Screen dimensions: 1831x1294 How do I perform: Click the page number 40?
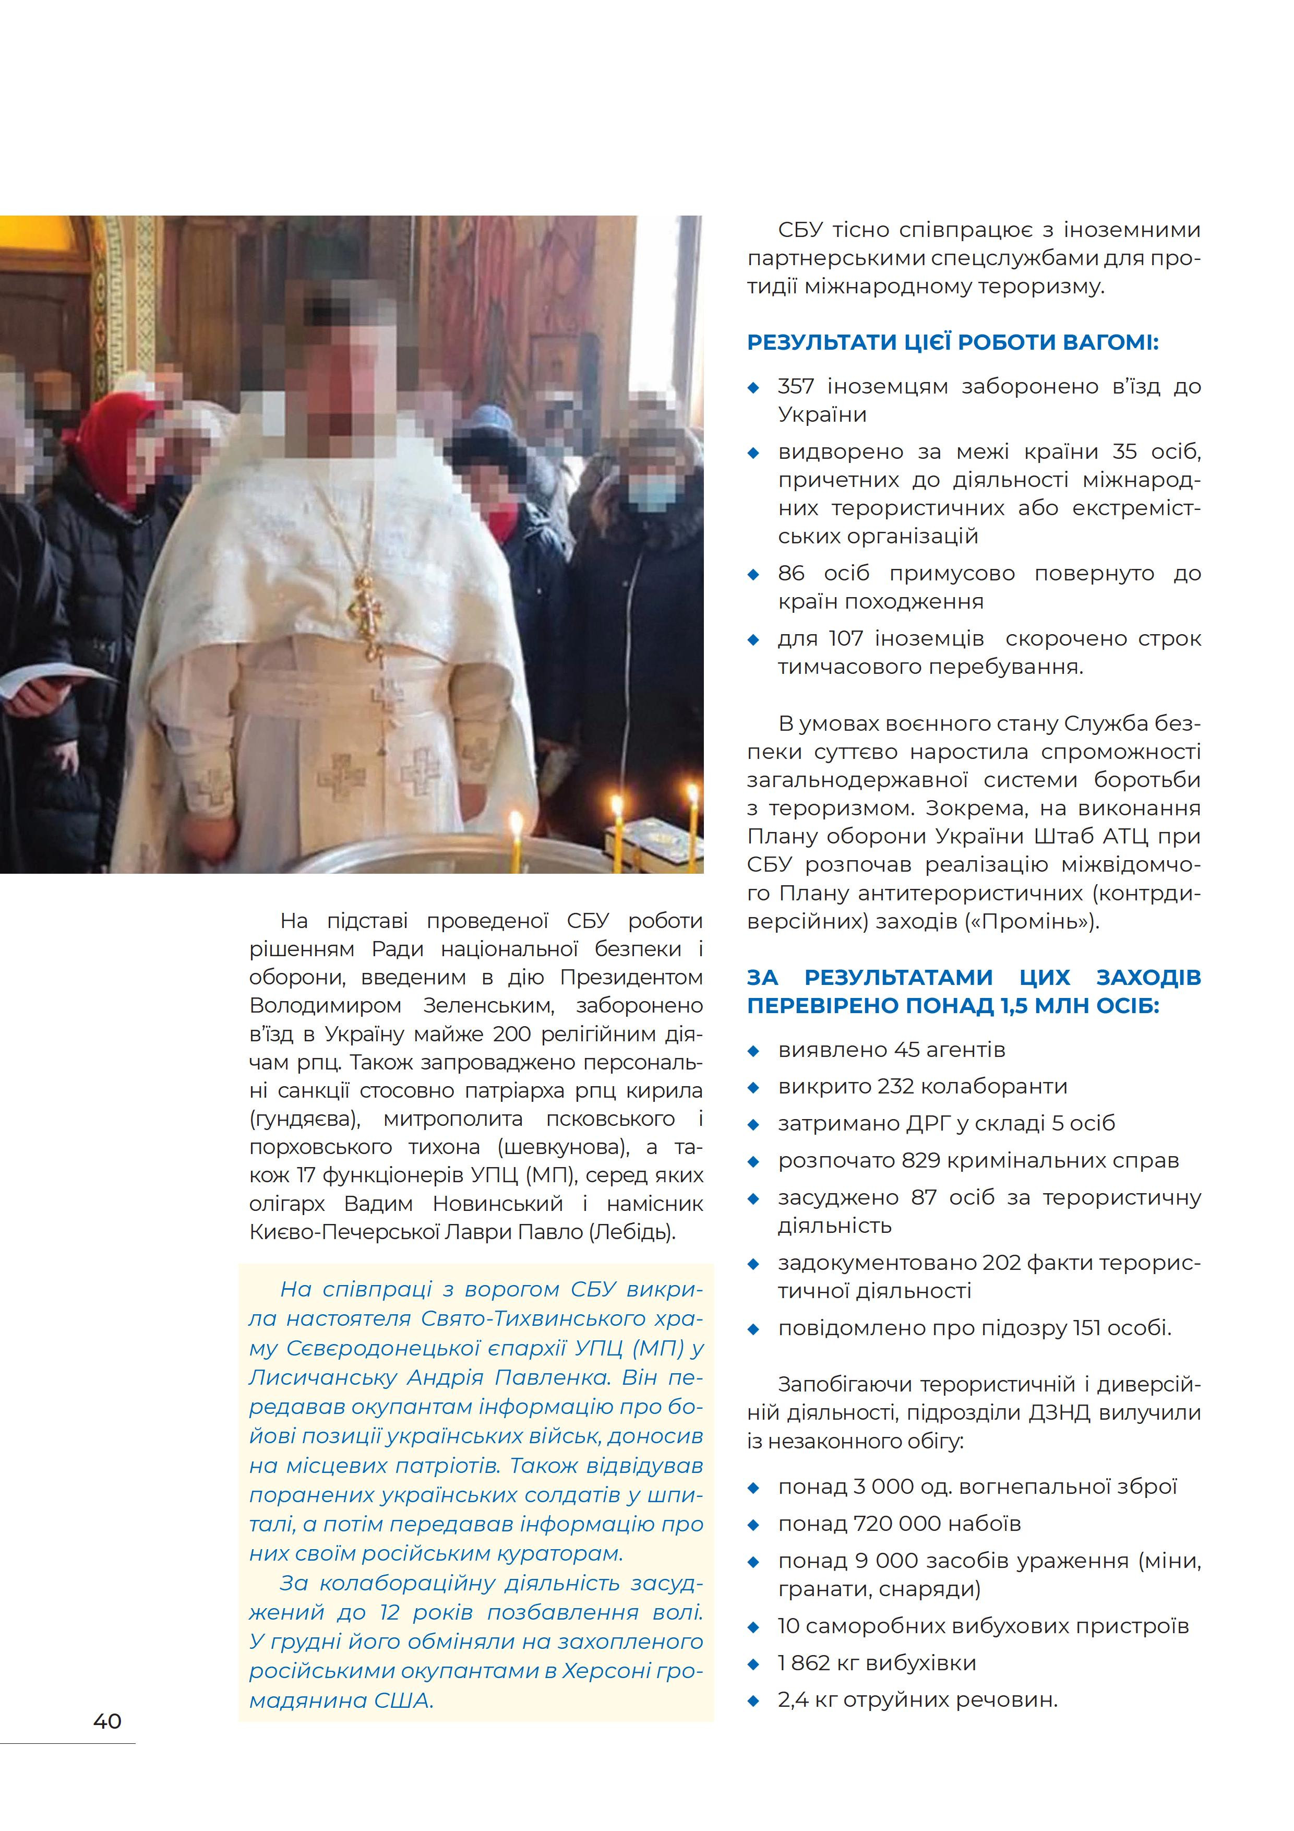tap(107, 1721)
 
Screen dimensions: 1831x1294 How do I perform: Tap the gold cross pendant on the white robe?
tap(366, 610)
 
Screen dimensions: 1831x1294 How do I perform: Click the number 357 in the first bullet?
tap(796, 387)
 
